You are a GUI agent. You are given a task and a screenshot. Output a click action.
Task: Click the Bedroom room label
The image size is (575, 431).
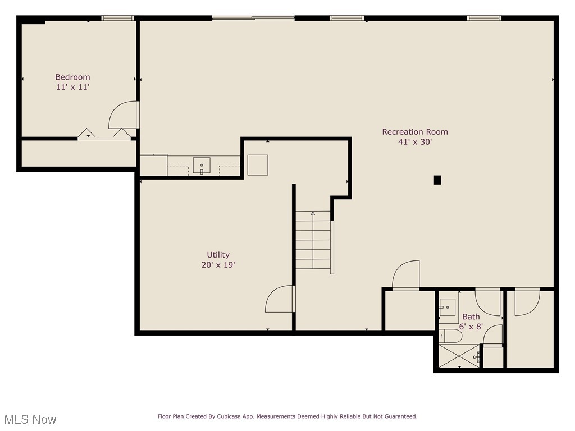(72, 77)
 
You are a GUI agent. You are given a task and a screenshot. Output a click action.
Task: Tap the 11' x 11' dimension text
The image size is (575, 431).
(72, 87)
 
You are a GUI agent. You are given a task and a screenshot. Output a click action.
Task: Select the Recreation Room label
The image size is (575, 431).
(415, 132)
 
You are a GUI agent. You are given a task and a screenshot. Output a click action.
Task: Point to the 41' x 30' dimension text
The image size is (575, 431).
(415, 142)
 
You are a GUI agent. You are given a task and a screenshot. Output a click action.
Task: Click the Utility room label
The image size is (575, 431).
(218, 255)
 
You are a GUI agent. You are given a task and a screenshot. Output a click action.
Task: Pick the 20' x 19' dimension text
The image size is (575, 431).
(218, 265)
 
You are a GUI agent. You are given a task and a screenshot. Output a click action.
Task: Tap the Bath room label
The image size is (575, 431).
(471, 317)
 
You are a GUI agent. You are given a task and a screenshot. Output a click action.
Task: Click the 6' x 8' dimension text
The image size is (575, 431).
(471, 326)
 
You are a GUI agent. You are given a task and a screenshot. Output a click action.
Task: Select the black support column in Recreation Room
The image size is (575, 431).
(437, 180)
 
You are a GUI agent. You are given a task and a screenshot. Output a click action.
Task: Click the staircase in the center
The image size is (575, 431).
(313, 240)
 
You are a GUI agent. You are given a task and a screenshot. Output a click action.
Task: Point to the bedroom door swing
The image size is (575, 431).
(123, 115)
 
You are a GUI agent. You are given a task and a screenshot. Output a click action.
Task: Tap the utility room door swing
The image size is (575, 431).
(280, 299)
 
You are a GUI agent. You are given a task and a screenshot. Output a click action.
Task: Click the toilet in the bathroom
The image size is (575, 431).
(450, 336)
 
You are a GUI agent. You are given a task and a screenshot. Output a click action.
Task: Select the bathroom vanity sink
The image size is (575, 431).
(447, 308)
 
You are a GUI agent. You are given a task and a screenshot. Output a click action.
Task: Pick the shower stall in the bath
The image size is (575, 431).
(458, 356)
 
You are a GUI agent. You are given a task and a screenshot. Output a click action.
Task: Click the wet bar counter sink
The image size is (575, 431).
(202, 166)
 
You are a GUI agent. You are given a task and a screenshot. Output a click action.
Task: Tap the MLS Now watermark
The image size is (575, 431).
(30, 419)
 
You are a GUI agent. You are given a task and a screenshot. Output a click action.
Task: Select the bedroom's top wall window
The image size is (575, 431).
(118, 18)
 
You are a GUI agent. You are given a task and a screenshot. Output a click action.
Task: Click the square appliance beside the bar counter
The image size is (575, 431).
(258, 165)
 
